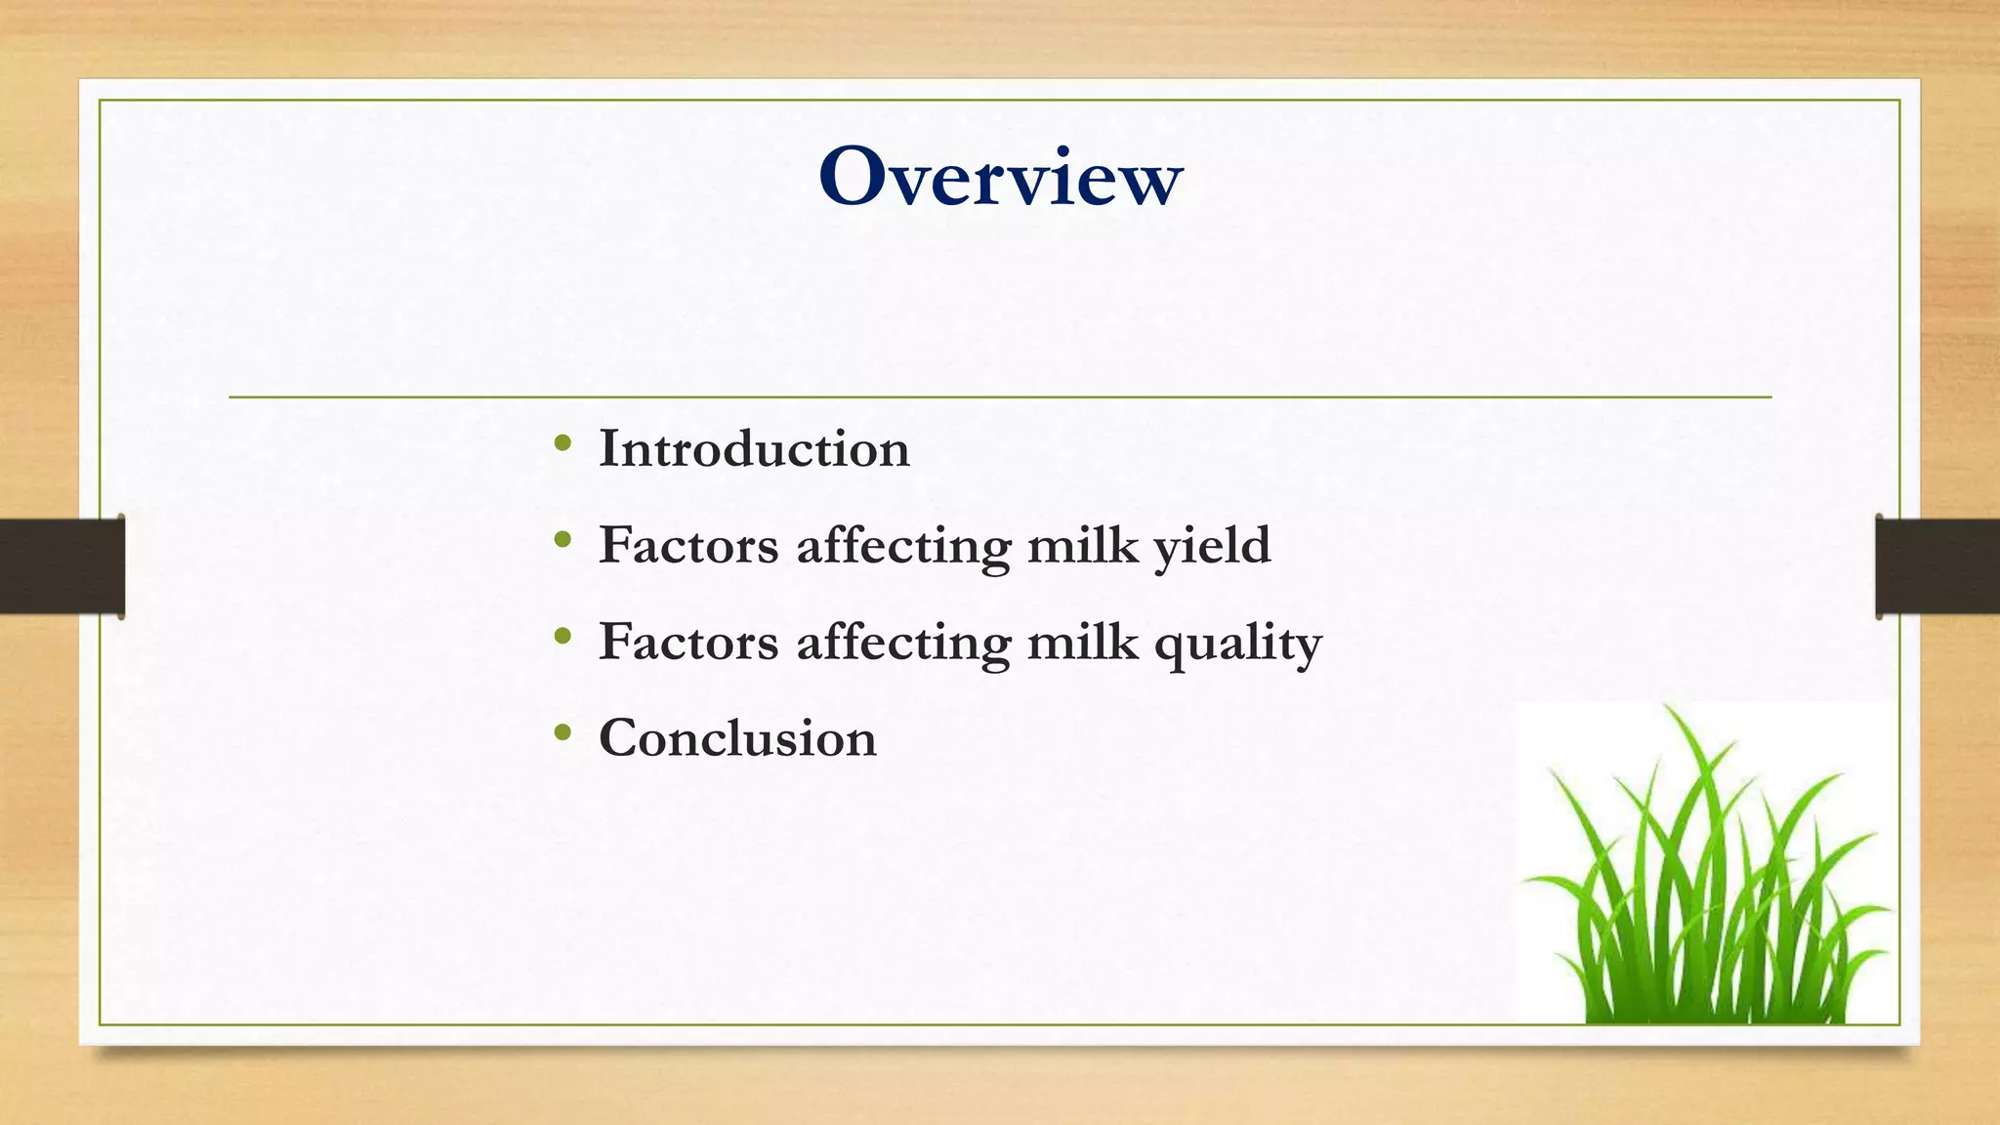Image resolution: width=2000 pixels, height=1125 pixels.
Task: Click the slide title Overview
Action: (1000, 178)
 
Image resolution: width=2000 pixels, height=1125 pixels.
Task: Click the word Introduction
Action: (754, 449)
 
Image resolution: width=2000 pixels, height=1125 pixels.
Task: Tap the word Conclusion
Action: (737, 738)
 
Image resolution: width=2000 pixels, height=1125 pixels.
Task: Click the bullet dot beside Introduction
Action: (562, 444)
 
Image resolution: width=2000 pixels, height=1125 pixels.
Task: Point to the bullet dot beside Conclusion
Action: (562, 732)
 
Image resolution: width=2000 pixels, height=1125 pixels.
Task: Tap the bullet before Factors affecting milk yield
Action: (562, 540)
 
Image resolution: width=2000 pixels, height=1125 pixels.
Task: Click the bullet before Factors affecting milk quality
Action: (562, 637)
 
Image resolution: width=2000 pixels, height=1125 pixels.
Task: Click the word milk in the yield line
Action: (1082, 545)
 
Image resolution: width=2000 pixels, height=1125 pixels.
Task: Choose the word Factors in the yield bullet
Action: (688, 545)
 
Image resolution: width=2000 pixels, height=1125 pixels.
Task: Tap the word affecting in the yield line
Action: (903, 547)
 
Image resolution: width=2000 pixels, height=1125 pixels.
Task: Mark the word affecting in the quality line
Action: (903, 644)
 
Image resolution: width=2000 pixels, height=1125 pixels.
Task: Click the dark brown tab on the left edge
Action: (62, 566)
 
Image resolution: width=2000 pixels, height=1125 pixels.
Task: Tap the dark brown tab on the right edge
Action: (1937, 566)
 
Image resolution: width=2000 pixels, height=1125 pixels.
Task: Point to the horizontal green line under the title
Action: (1000, 397)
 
